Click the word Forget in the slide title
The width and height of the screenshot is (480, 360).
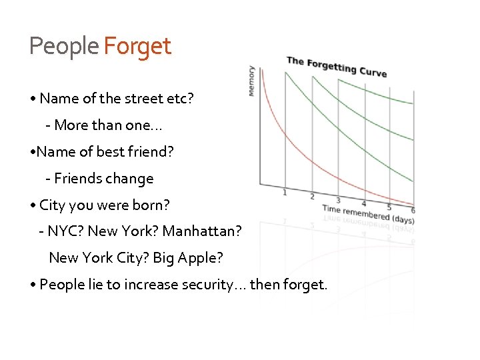click(x=137, y=47)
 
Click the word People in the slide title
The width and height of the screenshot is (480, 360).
click(x=64, y=47)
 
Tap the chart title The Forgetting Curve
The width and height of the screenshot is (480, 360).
click(x=336, y=66)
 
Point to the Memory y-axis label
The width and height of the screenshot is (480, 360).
click(x=251, y=80)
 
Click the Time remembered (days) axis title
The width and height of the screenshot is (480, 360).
click(x=368, y=214)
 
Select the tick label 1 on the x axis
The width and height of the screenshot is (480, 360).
click(x=285, y=193)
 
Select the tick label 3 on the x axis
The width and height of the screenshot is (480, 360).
click(x=337, y=200)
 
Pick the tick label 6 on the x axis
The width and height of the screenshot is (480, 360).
click(x=413, y=211)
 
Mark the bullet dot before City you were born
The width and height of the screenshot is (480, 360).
click(x=33, y=205)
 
